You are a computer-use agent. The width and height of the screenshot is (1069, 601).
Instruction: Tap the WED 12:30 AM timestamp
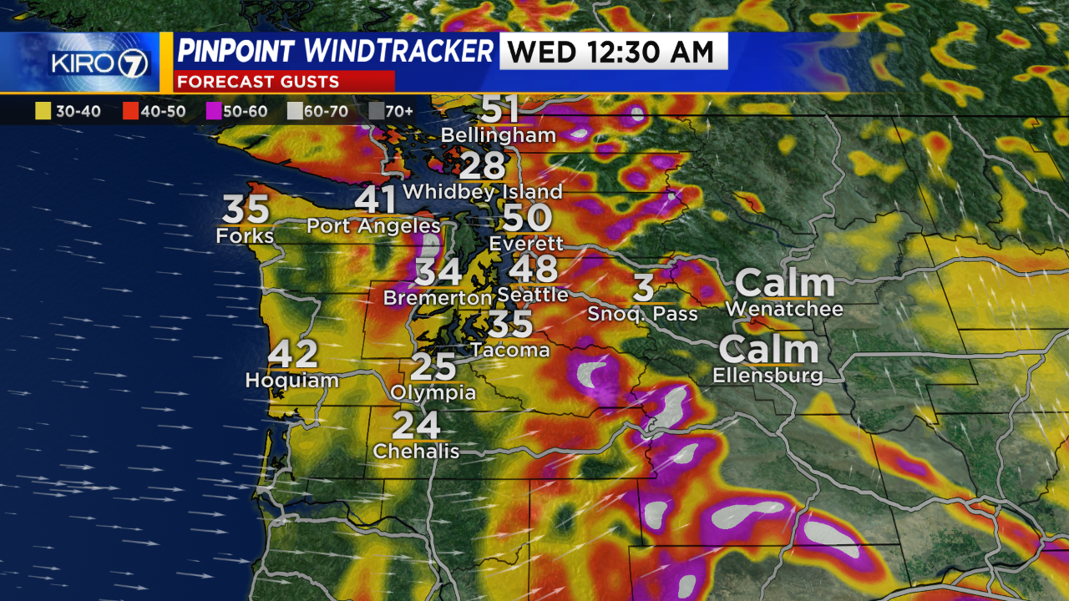pos(613,52)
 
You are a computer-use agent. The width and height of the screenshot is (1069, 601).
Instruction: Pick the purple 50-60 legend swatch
pos(212,111)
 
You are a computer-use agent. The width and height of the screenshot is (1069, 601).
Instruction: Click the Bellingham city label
pos(498,134)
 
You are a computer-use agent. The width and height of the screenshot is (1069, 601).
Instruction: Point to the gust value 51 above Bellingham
pos(500,109)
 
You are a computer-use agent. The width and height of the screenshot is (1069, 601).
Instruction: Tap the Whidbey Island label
pos(482,191)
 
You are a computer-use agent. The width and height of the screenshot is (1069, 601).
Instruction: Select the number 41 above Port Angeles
pos(376,201)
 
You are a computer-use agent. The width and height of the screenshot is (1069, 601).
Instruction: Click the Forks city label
pos(245,236)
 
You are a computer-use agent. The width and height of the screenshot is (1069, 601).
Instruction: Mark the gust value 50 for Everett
pos(527,218)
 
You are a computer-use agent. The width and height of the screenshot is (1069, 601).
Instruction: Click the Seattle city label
pos(533,295)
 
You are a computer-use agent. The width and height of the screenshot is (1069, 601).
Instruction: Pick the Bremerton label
pos(437,297)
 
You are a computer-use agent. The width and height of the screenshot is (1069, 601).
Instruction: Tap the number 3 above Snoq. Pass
pos(643,288)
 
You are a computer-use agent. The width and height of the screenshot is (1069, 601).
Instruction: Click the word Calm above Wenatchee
pos(784,284)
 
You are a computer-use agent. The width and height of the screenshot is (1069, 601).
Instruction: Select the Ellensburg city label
pos(768,376)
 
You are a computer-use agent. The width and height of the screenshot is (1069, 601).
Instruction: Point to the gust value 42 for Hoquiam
pos(293,355)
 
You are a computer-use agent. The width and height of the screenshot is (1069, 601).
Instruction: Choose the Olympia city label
pos(433,392)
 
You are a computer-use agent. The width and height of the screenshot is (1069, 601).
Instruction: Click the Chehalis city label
pos(416,451)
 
